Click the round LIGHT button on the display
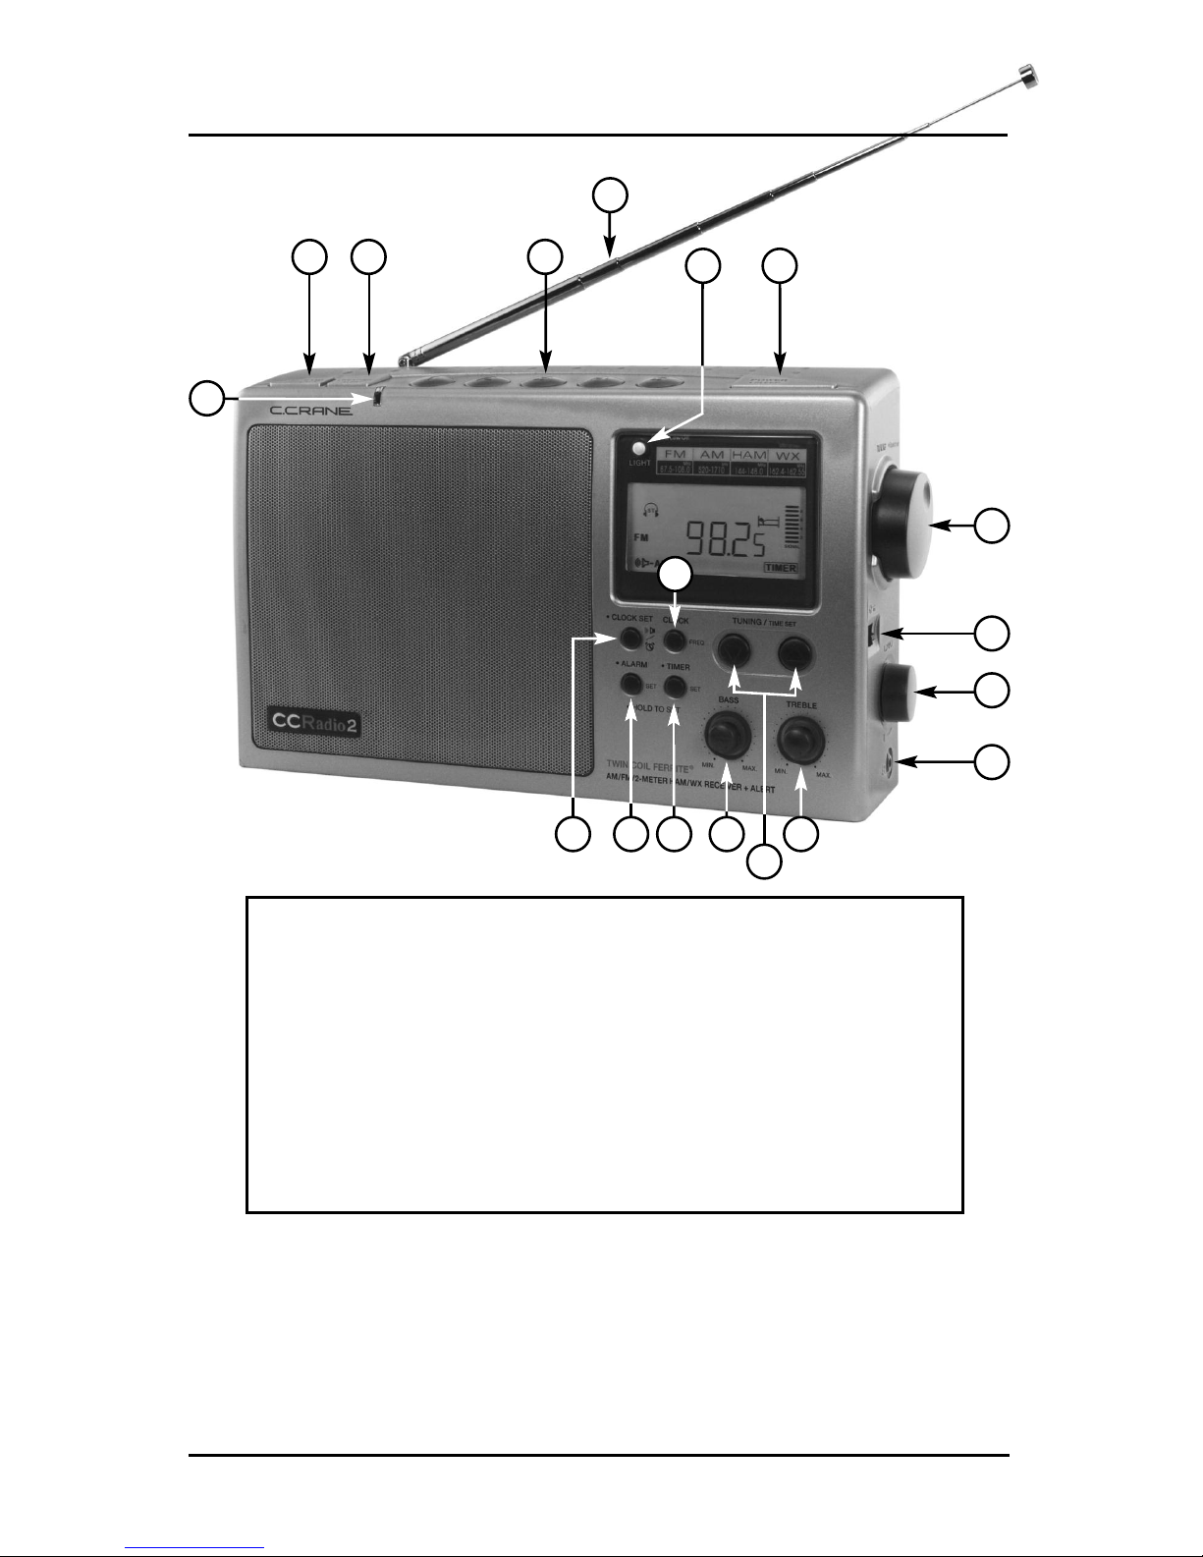(640, 448)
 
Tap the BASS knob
(727, 735)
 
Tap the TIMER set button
(675, 685)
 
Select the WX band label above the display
(788, 456)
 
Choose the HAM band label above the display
(748, 456)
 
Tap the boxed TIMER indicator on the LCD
(781, 568)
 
